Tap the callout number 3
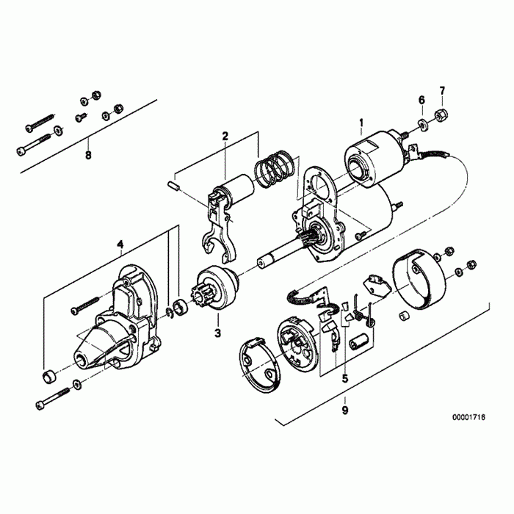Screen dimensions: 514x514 (217, 333)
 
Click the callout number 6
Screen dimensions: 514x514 (421, 99)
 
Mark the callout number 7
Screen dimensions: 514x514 (442, 91)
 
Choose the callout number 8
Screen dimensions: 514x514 (88, 155)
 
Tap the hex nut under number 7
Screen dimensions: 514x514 (443, 115)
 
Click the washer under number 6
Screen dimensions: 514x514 (424, 123)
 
